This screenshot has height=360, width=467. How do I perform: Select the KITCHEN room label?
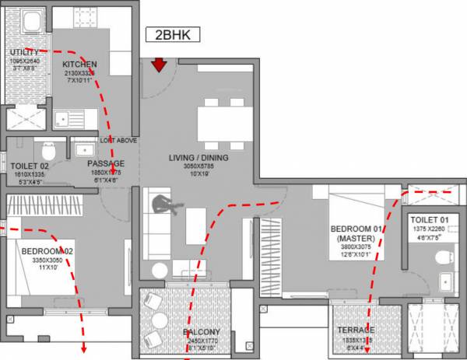79,65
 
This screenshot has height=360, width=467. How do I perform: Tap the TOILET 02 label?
30,165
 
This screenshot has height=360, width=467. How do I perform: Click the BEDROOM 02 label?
48,252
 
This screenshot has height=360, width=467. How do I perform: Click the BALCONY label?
202,332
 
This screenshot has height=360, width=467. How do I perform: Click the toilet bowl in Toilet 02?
49,149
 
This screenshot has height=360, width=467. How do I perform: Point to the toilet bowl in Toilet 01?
444,257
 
